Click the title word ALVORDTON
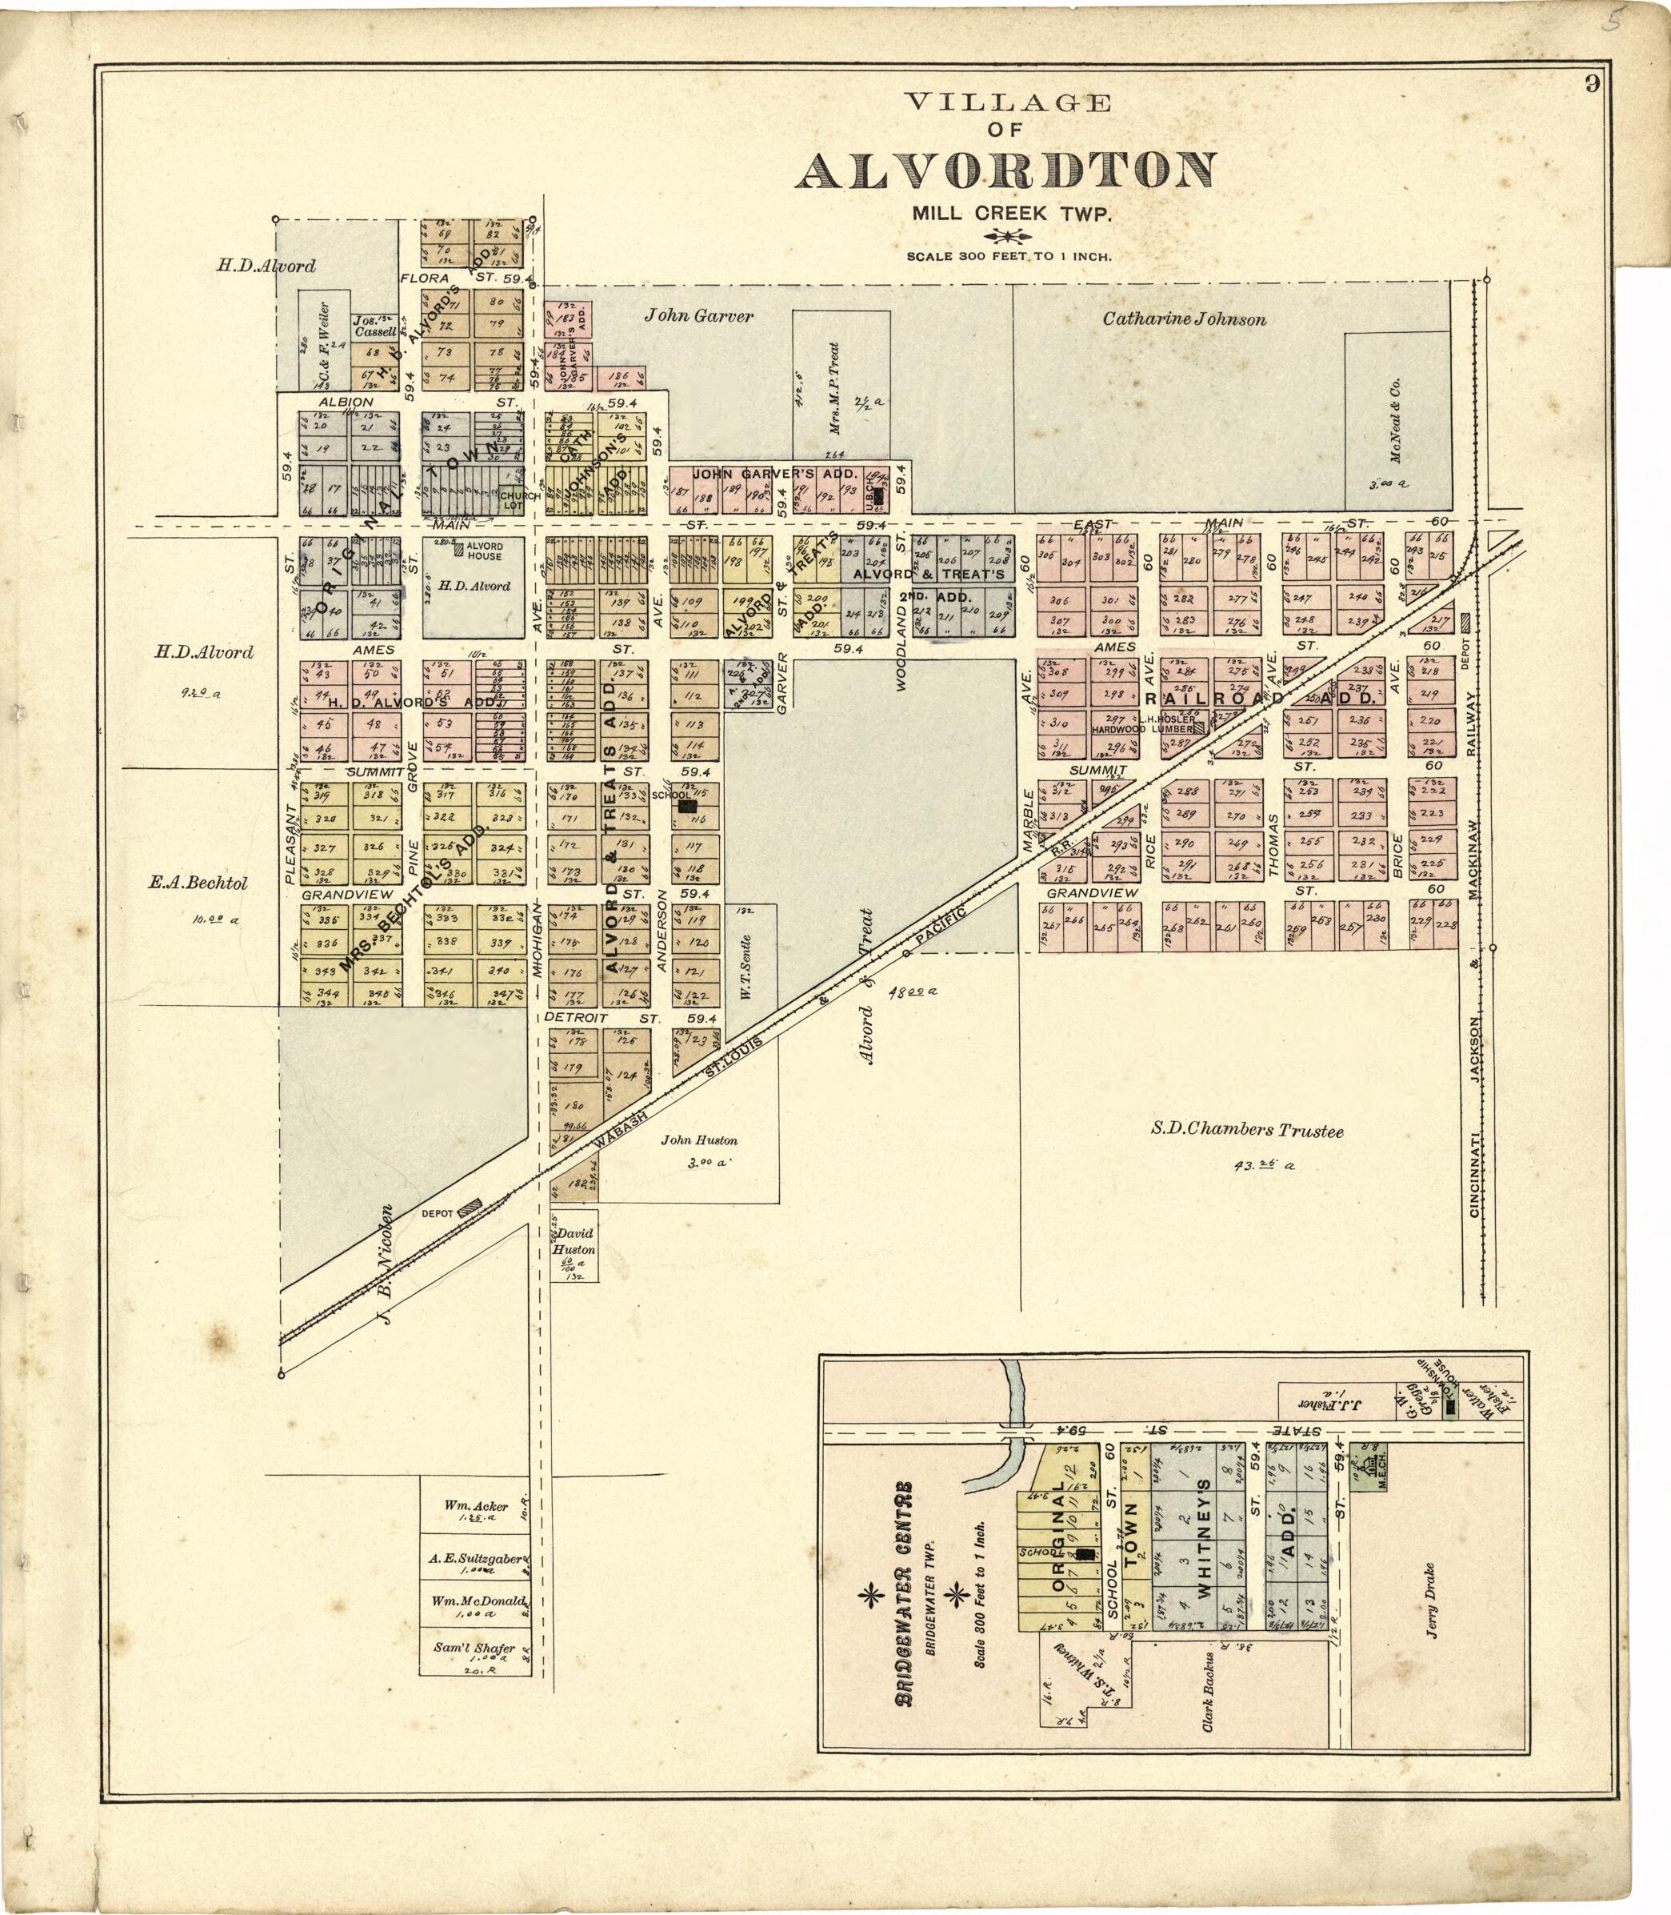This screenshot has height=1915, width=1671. pyautogui.click(x=1005, y=170)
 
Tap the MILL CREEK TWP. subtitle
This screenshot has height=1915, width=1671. pyautogui.click(x=1013, y=214)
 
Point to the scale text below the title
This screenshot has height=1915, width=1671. pyautogui.click(x=1008, y=255)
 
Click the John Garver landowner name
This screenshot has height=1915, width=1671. pyautogui.click(x=698, y=316)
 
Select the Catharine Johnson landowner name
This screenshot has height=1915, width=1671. pyautogui.click(x=1184, y=320)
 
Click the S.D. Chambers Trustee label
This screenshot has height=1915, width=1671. pyautogui.click(x=1247, y=1131)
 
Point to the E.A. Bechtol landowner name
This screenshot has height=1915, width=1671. pyautogui.click(x=198, y=883)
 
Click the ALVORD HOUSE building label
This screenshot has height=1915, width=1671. pyautogui.click(x=484, y=551)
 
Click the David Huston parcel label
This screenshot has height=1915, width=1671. pyautogui.click(x=574, y=1241)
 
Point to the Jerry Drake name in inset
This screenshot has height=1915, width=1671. pyautogui.click(x=1431, y=1600)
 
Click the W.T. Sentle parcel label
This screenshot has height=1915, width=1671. pyautogui.click(x=745, y=968)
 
